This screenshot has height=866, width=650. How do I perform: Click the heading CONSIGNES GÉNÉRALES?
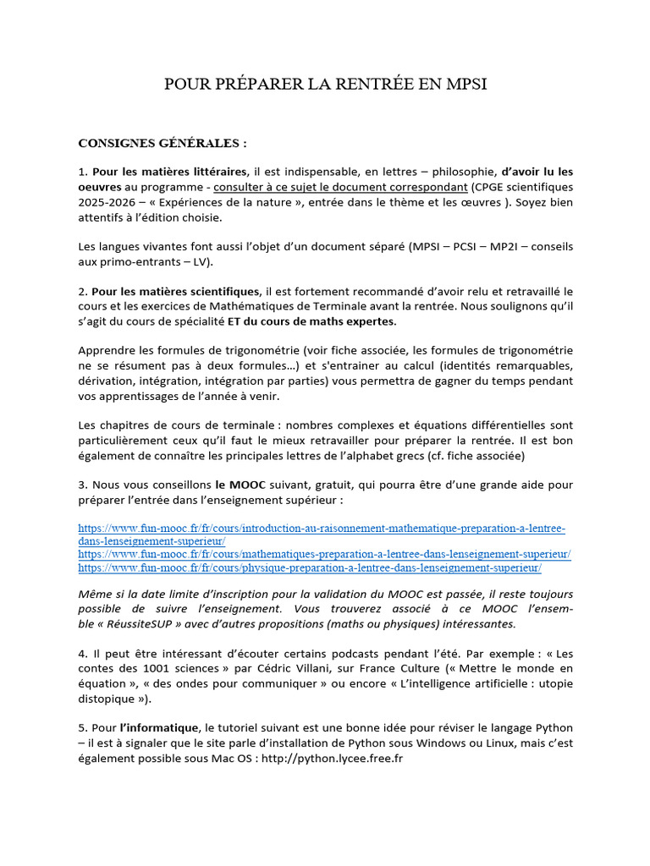(162, 142)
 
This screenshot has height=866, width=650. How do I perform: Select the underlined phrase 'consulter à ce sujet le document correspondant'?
(340, 186)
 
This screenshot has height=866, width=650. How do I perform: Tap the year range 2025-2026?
(110, 201)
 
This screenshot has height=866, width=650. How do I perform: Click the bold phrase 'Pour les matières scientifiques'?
(177, 291)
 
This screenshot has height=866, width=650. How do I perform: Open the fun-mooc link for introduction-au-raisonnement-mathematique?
(322, 529)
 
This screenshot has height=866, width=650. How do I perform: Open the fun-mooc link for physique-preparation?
(310, 567)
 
